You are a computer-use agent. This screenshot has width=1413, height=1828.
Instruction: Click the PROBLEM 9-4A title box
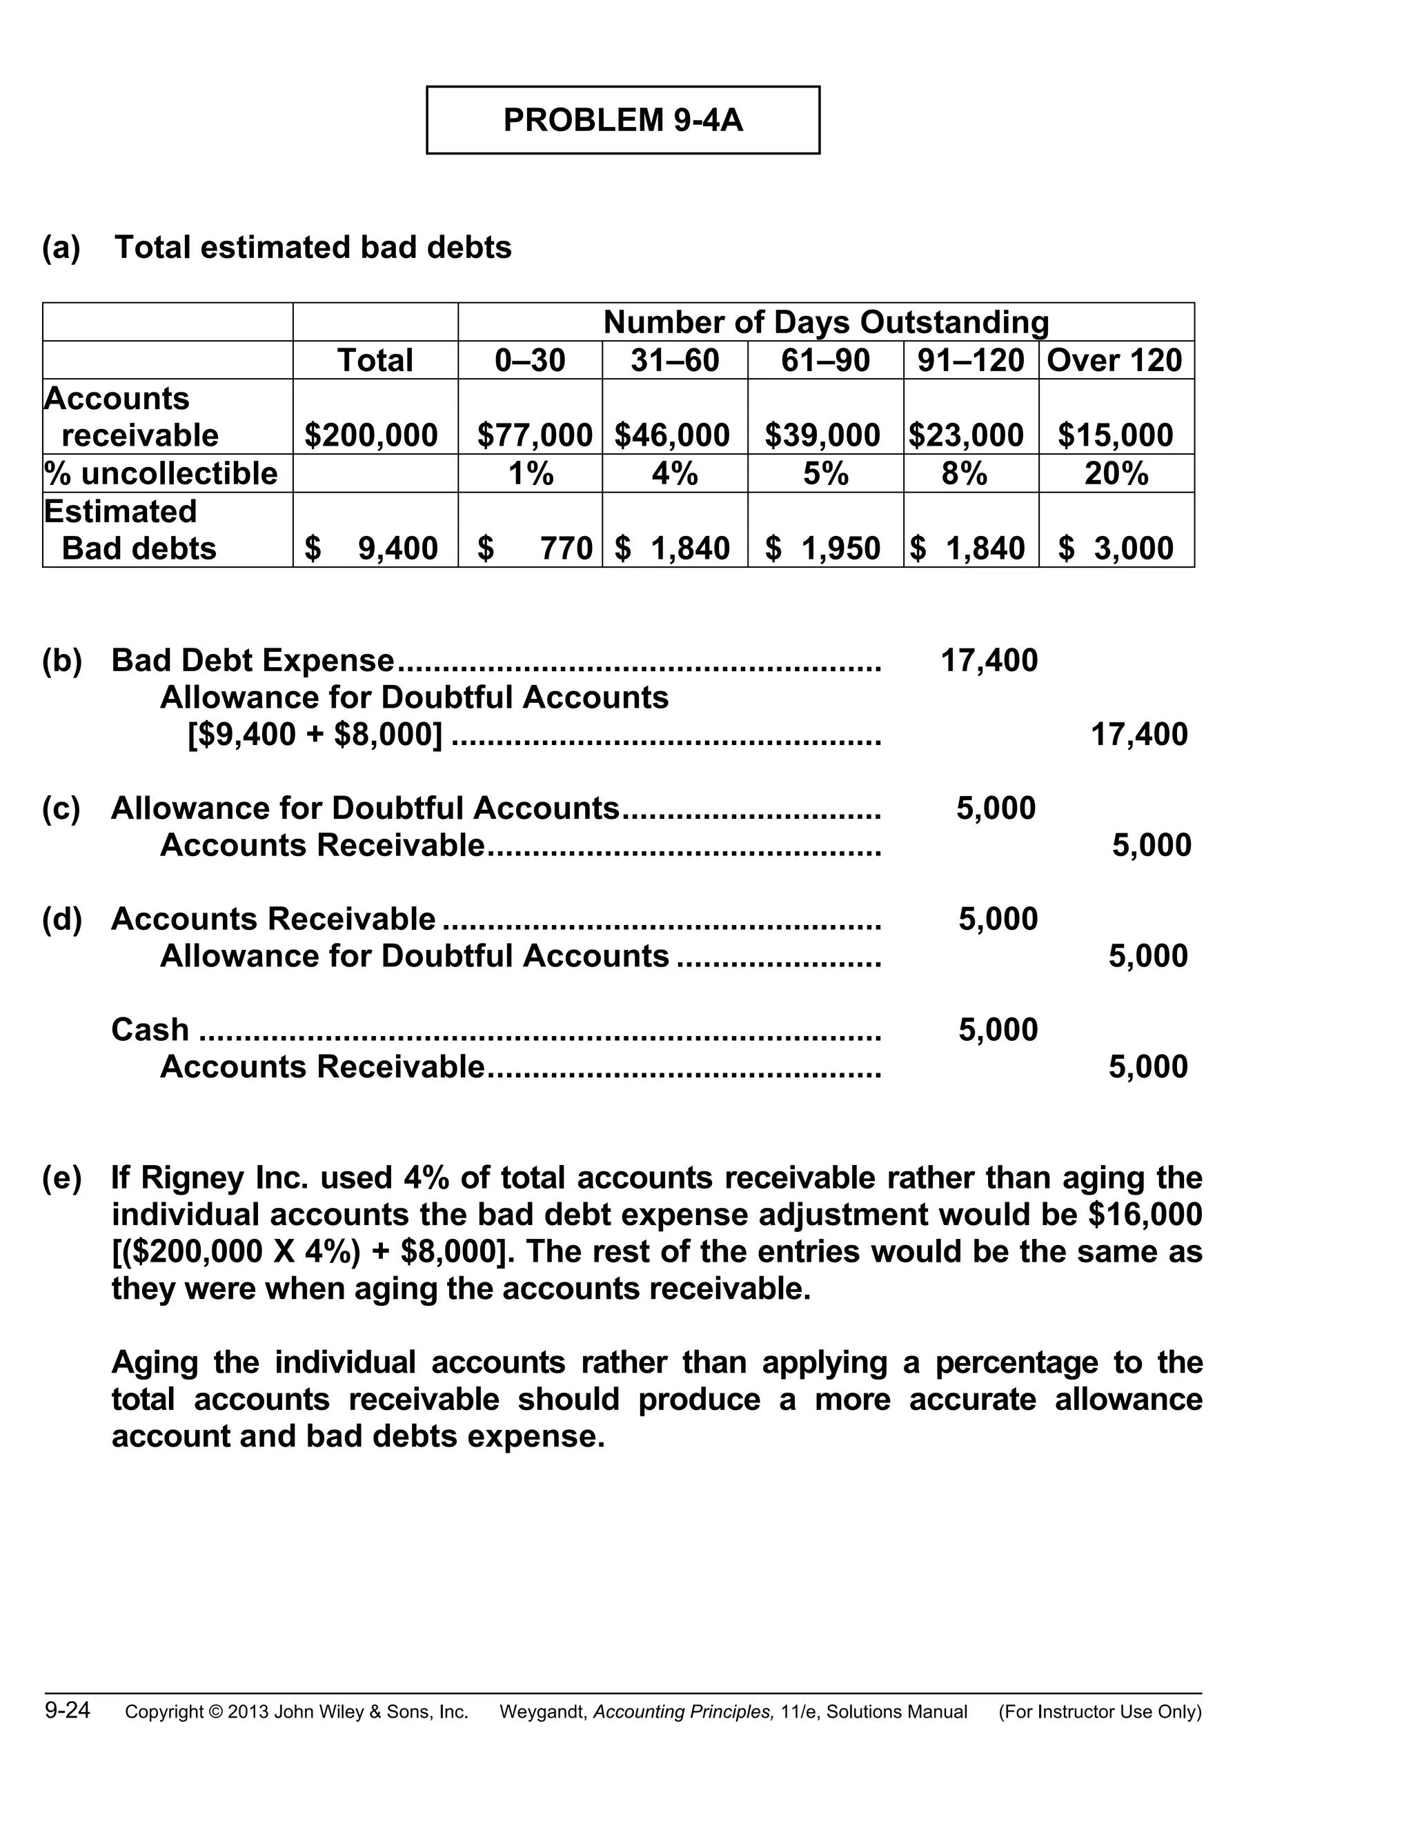point(623,120)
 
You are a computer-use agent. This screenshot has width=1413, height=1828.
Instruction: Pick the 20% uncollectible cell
point(1116,474)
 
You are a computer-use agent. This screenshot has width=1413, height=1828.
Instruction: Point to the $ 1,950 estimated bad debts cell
point(824,548)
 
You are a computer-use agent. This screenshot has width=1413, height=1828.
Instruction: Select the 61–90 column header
point(825,361)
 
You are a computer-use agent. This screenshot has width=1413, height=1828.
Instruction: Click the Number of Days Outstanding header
point(825,322)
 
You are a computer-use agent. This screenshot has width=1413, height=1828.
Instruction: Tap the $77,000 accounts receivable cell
point(534,435)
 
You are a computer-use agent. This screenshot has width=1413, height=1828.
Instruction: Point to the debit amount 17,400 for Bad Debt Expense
point(989,660)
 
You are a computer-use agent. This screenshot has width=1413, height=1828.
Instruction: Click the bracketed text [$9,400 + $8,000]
point(315,734)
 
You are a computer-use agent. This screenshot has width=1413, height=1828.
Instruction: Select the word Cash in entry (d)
point(150,1029)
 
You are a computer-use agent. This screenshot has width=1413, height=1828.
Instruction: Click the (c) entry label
point(62,808)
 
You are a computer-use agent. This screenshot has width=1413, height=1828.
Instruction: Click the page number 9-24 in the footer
point(68,1710)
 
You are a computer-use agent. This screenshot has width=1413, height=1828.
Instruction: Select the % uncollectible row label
point(161,474)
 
